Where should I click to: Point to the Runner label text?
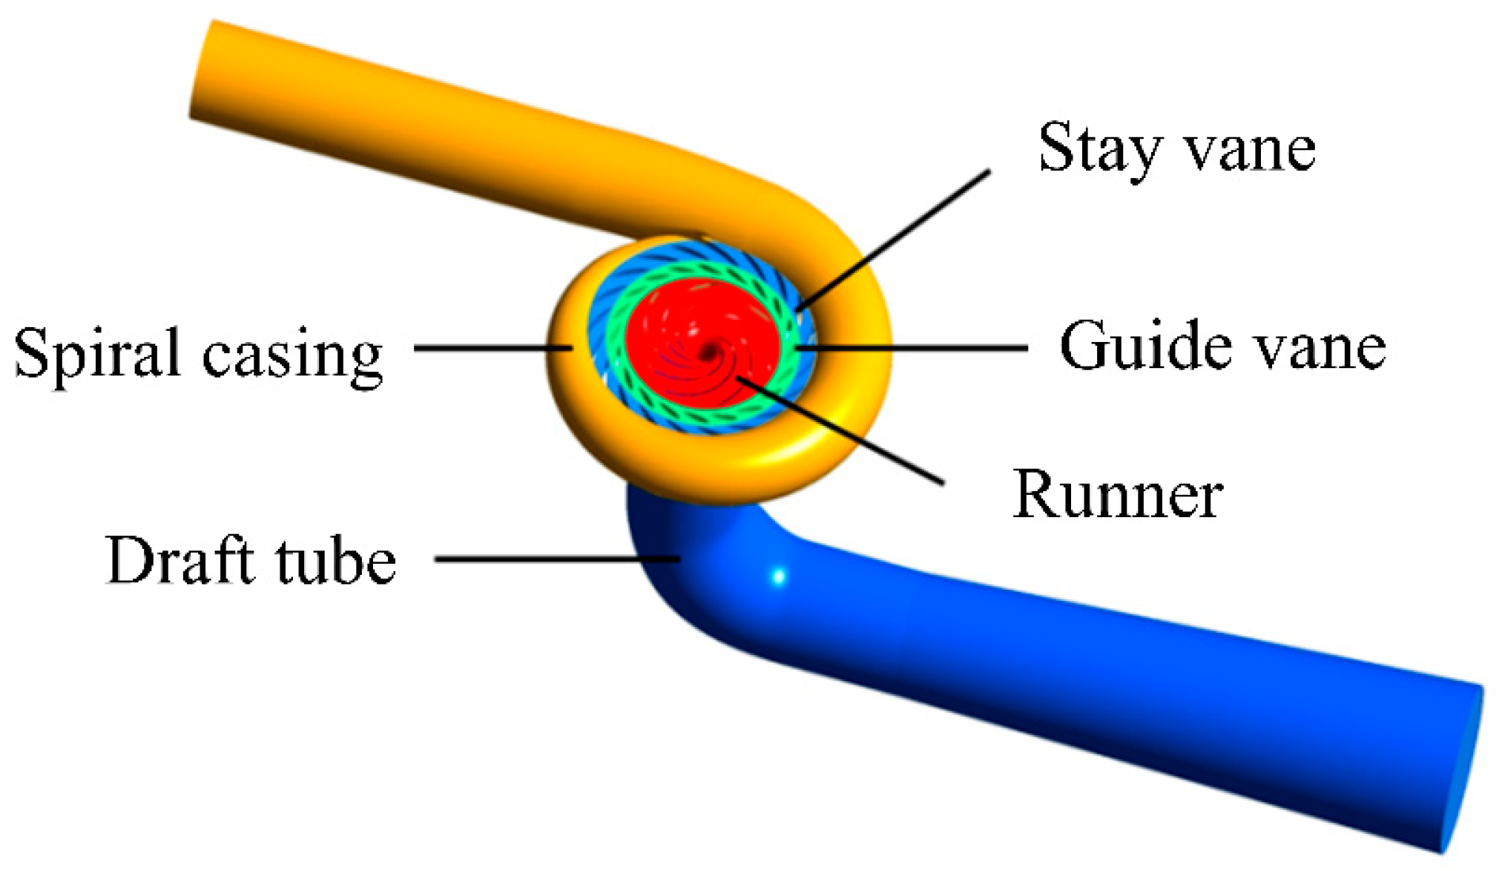[x=1117, y=495]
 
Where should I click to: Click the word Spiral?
[x=97, y=354]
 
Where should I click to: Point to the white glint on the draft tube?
[x=778, y=576]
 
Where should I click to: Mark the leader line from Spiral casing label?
[x=490, y=347]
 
